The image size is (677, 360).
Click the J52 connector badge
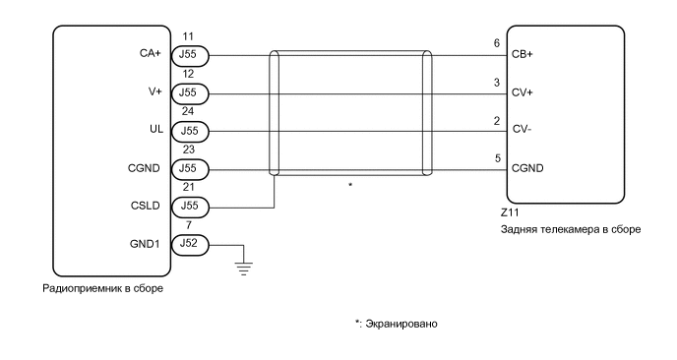click(x=189, y=243)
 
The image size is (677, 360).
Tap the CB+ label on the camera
click(x=523, y=56)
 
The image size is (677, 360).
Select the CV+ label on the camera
click(x=523, y=93)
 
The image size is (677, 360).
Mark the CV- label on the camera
click(x=523, y=131)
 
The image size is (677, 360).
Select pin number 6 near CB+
click(x=497, y=44)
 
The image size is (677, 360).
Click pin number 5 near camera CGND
click(x=497, y=156)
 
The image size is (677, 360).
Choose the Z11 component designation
click(x=511, y=212)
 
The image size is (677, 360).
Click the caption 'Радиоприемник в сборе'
click(x=103, y=289)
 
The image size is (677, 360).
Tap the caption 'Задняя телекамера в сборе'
click(x=571, y=229)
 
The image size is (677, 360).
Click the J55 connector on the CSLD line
click(x=189, y=206)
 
